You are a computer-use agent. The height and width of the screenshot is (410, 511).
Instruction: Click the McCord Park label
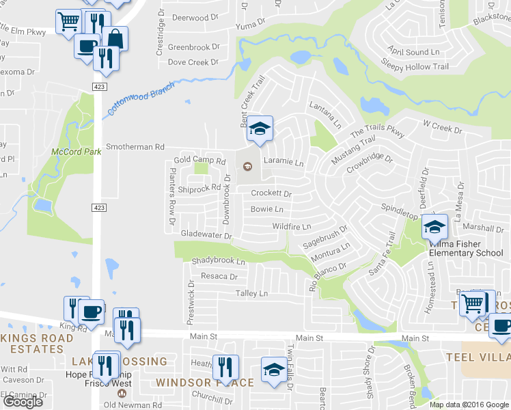(x=70, y=151)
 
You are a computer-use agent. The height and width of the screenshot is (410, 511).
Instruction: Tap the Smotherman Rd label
(x=135, y=146)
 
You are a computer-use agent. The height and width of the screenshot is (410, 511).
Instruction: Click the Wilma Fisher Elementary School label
(x=465, y=249)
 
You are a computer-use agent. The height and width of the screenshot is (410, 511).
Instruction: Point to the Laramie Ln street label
(x=283, y=163)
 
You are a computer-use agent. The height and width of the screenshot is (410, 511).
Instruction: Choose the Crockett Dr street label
(x=271, y=193)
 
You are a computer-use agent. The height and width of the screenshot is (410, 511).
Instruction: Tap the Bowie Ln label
(x=267, y=209)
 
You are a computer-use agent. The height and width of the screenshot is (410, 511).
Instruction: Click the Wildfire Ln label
(x=291, y=226)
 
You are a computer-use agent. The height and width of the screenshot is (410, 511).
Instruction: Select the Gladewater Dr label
(x=206, y=234)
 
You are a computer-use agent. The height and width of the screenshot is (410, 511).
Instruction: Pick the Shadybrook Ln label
(x=218, y=261)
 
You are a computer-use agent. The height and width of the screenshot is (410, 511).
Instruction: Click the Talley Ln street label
(x=251, y=293)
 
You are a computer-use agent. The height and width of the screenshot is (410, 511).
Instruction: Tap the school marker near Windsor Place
(x=274, y=370)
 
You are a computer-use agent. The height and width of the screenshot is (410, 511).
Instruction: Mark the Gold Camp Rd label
(x=199, y=160)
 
